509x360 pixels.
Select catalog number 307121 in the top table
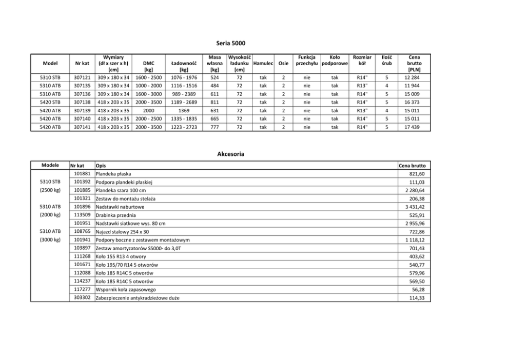82,77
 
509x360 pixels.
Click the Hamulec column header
263,63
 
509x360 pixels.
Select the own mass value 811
215,102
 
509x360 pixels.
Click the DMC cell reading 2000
149,110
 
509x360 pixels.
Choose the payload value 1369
184,110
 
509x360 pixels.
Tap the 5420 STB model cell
50,102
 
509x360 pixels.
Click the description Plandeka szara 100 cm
121,190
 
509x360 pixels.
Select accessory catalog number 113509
82,215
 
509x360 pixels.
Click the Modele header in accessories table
50,165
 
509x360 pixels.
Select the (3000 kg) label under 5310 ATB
50,239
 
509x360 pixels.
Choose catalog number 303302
82,297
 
